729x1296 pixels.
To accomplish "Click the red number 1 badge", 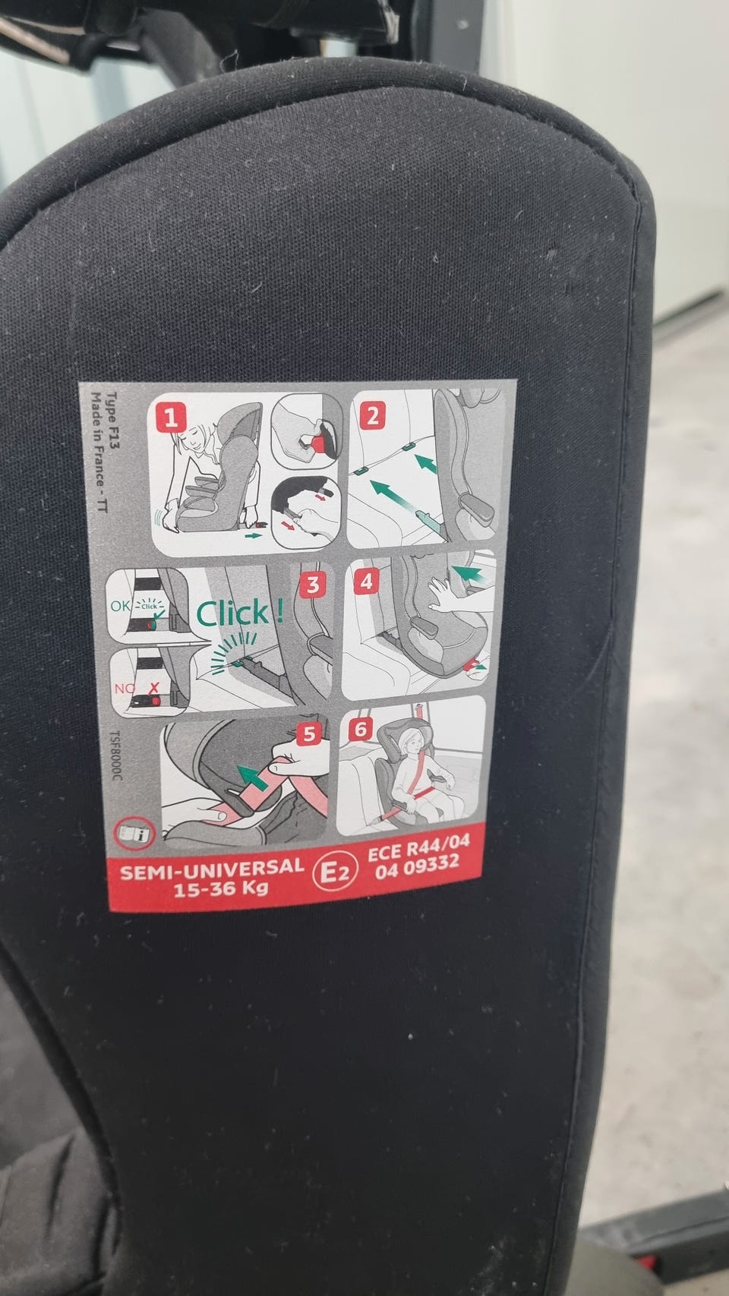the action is pyautogui.click(x=172, y=418).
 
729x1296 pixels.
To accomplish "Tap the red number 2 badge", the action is pyautogui.click(x=372, y=416).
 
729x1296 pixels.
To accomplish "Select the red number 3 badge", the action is pyautogui.click(x=312, y=585).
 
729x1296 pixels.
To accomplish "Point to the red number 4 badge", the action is pyautogui.click(x=366, y=582).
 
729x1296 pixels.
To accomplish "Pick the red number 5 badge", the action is pyautogui.click(x=309, y=734).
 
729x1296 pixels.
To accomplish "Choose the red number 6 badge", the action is pyautogui.click(x=361, y=730).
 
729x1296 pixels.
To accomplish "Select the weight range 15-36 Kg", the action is pyautogui.click(x=220, y=888).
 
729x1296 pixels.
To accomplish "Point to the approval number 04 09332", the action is pyautogui.click(x=417, y=868).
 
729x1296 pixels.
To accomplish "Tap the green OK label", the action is pyautogui.click(x=121, y=606).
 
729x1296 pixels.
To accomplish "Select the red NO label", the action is pyautogui.click(x=124, y=689).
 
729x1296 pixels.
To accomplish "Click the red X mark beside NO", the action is pyautogui.click(x=154, y=687).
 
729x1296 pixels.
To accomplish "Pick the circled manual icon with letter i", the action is pyautogui.click(x=135, y=833).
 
